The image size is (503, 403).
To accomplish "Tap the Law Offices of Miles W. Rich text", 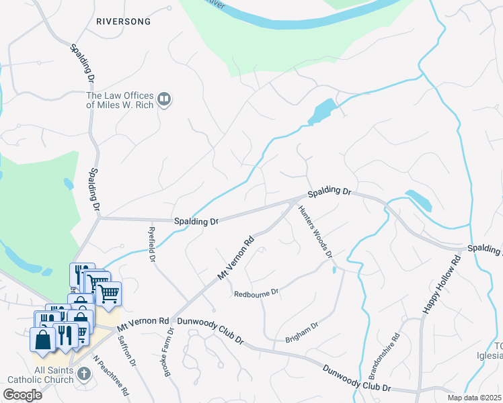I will click(120, 101).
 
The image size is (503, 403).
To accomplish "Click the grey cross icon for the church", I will click(83, 373).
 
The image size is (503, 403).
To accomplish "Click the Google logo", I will click(22, 395).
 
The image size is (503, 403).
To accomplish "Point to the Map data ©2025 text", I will click(474, 398).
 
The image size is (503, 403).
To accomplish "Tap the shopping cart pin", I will click(108, 293).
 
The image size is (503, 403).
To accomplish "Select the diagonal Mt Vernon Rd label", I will click(235, 257).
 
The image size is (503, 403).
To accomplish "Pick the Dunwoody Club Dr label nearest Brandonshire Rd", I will click(356, 378).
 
